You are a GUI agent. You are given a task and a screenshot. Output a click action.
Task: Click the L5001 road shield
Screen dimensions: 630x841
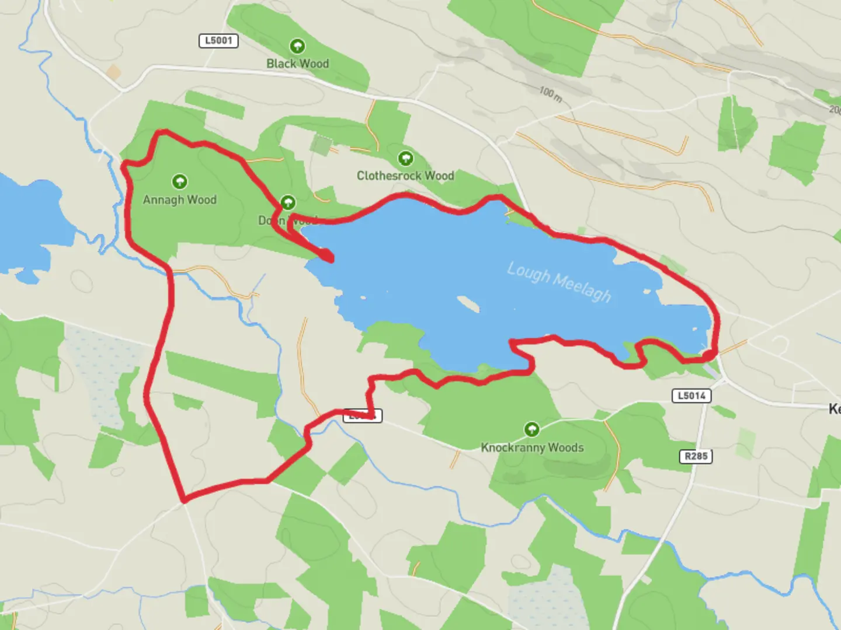[218, 40]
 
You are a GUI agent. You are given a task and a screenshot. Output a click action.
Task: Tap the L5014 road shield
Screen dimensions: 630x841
[691, 395]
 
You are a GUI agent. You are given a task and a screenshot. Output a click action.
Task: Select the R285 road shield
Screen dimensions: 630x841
[696, 456]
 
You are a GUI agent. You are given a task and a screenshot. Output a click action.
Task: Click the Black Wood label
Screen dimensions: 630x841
[297, 64]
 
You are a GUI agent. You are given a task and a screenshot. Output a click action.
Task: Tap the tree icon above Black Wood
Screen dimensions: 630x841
[297, 46]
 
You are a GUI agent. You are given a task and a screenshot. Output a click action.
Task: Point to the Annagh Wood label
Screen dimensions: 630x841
[179, 199]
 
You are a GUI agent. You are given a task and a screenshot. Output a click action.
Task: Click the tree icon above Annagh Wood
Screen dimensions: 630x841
[179, 181]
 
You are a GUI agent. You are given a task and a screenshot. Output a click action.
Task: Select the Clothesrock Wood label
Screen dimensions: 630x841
[405, 176]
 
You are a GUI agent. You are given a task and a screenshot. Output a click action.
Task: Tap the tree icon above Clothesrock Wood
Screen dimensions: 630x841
[405, 158]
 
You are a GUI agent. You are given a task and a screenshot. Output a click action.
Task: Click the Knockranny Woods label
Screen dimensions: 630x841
[532, 447]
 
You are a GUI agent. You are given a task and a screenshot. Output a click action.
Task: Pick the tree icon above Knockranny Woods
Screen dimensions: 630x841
[531, 430]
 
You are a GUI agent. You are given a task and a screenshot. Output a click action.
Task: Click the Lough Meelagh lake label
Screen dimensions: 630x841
[559, 282]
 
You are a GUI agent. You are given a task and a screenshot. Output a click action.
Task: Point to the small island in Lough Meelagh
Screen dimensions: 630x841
[468, 304]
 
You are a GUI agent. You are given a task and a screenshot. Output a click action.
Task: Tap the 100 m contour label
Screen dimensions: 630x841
[550, 94]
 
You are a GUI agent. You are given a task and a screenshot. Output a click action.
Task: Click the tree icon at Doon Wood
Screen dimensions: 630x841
[287, 202]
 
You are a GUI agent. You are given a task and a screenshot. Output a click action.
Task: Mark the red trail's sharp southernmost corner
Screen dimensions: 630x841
[184, 500]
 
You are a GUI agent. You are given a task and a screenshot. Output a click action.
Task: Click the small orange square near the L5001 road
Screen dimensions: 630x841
[113, 73]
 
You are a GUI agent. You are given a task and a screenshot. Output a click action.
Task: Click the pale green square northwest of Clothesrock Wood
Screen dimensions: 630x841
[321, 145]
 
